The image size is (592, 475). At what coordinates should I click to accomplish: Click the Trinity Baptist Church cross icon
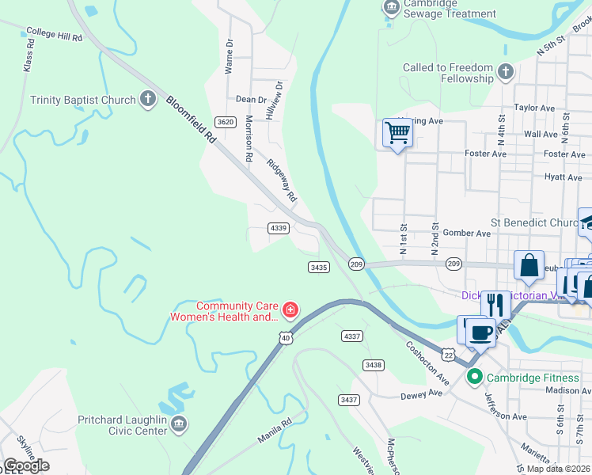tap(147, 100)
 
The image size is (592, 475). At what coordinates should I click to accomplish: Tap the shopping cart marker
tap(397, 132)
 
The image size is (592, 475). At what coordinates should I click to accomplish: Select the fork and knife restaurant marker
tap(495, 305)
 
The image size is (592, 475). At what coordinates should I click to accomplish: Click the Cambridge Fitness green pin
tap(475, 377)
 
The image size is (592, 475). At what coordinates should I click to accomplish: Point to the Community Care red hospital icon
tap(290, 309)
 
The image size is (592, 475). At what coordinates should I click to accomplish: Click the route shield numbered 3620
tap(226, 121)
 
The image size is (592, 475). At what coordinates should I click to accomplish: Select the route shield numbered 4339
tap(279, 228)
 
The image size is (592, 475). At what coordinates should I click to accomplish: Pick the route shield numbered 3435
tap(318, 268)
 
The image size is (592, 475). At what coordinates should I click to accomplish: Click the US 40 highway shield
tap(285, 338)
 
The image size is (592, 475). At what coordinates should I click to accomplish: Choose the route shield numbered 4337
tap(352, 336)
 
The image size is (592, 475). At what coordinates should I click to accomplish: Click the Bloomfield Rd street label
tap(190, 119)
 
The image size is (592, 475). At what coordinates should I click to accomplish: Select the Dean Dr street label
tap(251, 100)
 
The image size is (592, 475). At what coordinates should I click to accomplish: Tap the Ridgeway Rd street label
tap(281, 180)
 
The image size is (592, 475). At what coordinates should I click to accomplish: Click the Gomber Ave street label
tap(467, 234)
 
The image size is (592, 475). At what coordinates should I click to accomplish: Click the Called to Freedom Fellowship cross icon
tap(506, 74)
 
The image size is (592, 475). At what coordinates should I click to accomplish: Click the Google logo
tap(26, 465)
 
